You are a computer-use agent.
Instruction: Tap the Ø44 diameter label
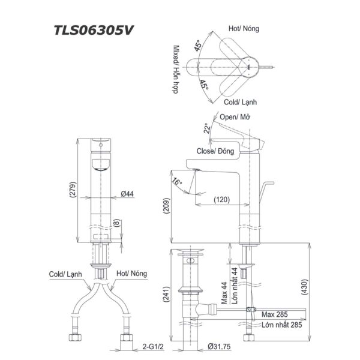tap(126, 194)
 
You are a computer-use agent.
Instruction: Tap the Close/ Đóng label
tap(215, 152)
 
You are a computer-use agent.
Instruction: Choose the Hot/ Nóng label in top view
tap(243, 28)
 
